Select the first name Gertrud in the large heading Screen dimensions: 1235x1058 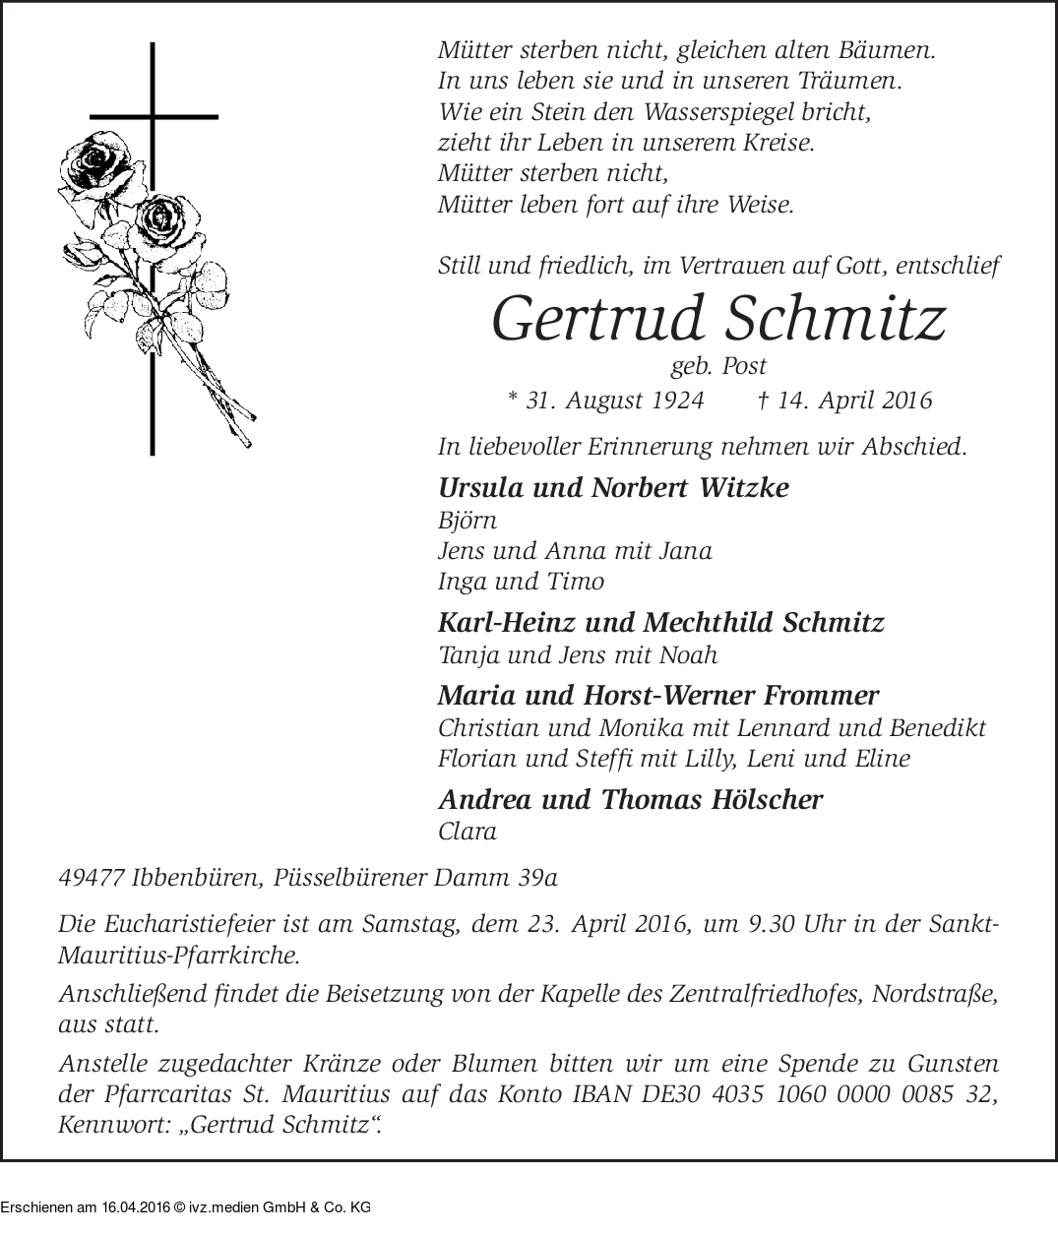pyautogui.click(x=600, y=320)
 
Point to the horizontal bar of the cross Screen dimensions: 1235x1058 pyautogui.click(x=153, y=116)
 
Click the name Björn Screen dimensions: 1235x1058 pyautogui.click(x=467, y=521)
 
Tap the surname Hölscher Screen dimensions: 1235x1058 pyautogui.click(x=766, y=800)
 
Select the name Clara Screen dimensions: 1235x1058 pyautogui.click(x=467, y=832)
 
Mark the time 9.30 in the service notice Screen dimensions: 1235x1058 pyautogui.click(x=761, y=926)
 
